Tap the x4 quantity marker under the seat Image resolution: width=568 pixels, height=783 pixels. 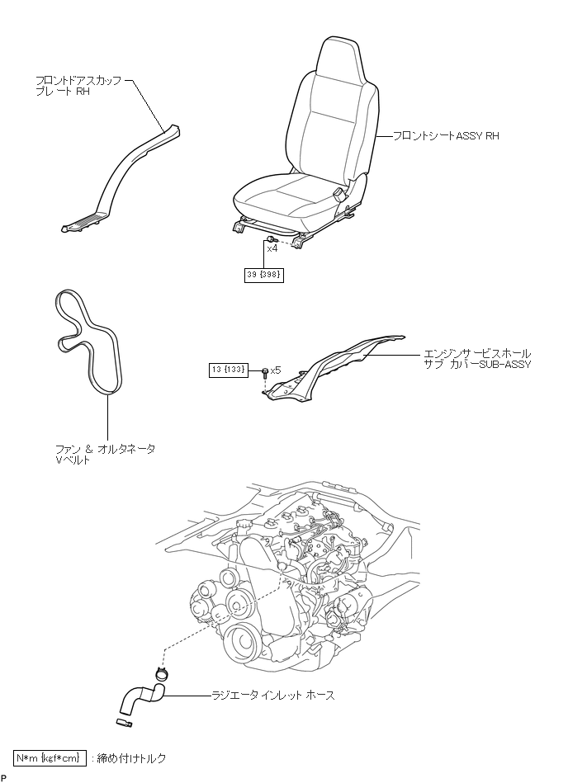[x=272, y=248]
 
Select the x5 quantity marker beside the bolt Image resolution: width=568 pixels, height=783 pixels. [x=276, y=370]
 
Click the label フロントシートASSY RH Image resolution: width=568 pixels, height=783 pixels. [x=446, y=135]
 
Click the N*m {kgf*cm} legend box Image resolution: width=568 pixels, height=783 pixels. [x=49, y=757]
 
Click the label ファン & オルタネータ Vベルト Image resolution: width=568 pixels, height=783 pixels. [x=104, y=455]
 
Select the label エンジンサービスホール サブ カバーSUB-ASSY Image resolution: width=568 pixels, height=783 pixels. [x=474, y=358]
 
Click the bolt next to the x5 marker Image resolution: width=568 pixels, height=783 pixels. [x=264, y=372]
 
